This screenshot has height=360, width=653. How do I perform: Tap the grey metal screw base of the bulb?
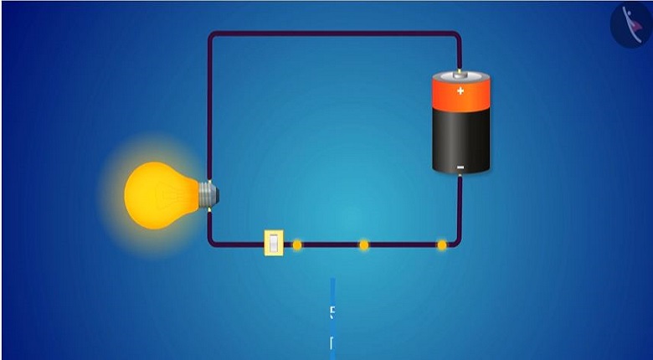tap(208, 195)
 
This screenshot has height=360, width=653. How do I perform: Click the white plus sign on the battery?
tap(460, 90)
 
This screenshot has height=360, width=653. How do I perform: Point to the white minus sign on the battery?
tap(460, 167)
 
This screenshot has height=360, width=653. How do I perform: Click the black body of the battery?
tap(460, 138)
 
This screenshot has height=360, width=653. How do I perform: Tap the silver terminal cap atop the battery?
tap(460, 75)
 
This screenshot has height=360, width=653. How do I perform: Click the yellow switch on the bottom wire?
tap(274, 243)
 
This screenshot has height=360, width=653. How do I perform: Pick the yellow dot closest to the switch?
tap(296, 244)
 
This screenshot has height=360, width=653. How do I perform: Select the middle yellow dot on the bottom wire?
tap(363, 244)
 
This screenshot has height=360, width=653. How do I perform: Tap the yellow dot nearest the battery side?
tap(441, 244)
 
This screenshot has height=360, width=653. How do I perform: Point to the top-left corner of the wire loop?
tap(211, 35)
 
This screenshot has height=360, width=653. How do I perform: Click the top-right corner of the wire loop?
tap(457, 35)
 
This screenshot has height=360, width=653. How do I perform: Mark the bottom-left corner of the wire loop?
tap(211, 243)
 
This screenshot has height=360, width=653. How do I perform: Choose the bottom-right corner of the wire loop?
tap(458, 243)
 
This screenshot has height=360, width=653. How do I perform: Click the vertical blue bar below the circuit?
tap(332, 318)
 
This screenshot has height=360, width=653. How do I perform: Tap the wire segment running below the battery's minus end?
tap(460, 205)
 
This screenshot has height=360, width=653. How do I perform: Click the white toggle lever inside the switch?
tap(274, 243)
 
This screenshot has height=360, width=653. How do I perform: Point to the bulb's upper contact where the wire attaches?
tap(209, 181)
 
